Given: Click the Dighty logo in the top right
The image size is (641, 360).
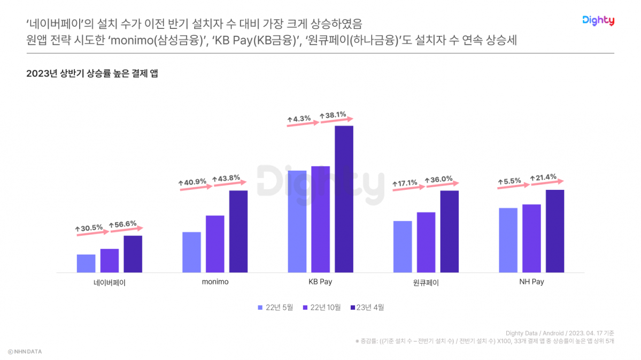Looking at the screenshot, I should coord(598,21).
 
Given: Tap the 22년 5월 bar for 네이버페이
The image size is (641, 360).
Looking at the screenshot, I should coord(86,263).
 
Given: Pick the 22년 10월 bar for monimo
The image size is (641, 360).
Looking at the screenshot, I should coord(215,244).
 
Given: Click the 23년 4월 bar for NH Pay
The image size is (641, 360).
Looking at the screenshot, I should coord(555,231).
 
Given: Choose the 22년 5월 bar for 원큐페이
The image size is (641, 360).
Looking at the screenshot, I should coord(403,247).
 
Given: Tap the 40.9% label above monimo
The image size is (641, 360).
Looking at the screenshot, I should coord(195,181).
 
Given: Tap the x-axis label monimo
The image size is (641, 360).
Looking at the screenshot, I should coord(215,282).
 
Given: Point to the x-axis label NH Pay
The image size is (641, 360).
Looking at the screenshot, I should coord(531,282).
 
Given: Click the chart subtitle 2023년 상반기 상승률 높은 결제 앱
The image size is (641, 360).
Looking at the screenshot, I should coord(92,74).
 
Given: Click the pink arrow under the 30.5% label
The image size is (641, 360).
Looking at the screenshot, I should coord(92,233).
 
